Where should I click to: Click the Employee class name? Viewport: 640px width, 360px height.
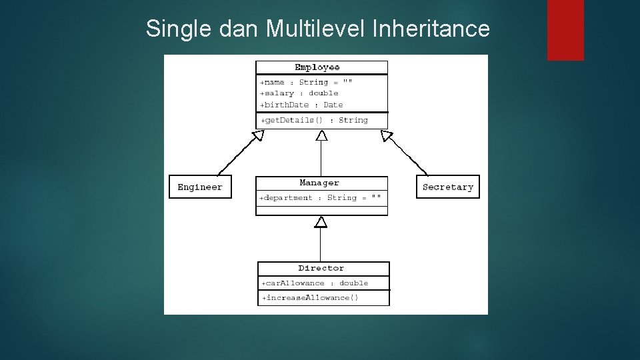point(317,67)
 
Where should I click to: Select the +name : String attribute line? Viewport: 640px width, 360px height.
point(306,82)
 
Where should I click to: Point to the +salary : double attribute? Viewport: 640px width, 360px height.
point(299,93)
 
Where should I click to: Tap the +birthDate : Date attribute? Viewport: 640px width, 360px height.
point(301,105)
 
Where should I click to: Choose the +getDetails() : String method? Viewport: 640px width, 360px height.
point(314,120)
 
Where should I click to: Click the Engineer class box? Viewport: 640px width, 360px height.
point(200,187)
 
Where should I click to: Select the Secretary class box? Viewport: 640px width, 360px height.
point(447,187)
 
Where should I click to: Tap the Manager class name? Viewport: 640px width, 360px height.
point(319,183)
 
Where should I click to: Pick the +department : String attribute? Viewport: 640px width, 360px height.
point(321,198)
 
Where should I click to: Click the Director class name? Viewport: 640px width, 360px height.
point(321,268)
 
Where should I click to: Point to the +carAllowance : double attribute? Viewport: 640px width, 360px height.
point(315,283)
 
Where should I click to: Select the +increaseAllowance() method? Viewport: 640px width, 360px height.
point(310,297)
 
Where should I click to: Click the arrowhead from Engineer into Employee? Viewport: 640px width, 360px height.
point(257,136)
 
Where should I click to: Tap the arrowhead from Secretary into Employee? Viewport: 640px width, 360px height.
point(387,135)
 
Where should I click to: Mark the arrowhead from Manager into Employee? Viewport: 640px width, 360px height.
point(322,135)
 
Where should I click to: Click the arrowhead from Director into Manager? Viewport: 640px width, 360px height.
point(321,221)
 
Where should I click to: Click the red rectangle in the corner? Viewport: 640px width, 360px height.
point(565,30)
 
